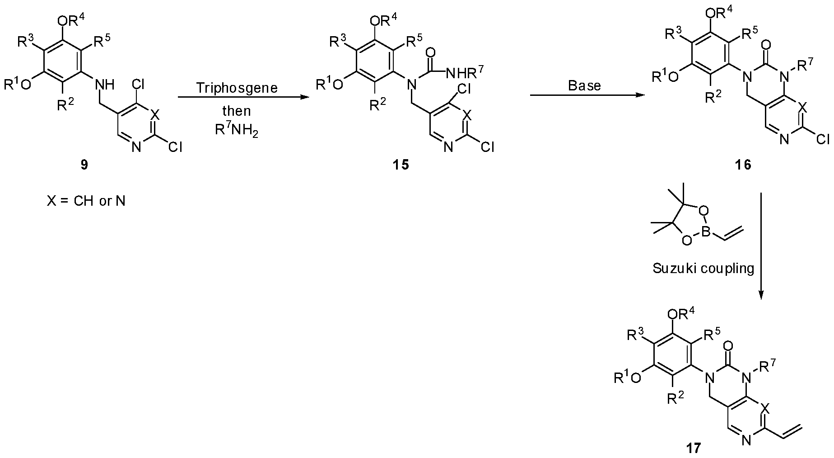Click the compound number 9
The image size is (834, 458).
pos(84,165)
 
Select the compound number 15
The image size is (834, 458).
pos(401,165)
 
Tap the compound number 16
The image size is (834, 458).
pos(743,165)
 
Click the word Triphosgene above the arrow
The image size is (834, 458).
pos(237,88)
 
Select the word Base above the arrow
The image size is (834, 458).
pos(584,86)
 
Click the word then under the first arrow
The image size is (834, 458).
pos(237,111)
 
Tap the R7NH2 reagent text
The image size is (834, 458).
pos(237,131)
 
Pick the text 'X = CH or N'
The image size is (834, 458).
pos(86,201)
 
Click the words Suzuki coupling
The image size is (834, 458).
pos(703,269)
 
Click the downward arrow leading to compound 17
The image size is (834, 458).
pos(761,246)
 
